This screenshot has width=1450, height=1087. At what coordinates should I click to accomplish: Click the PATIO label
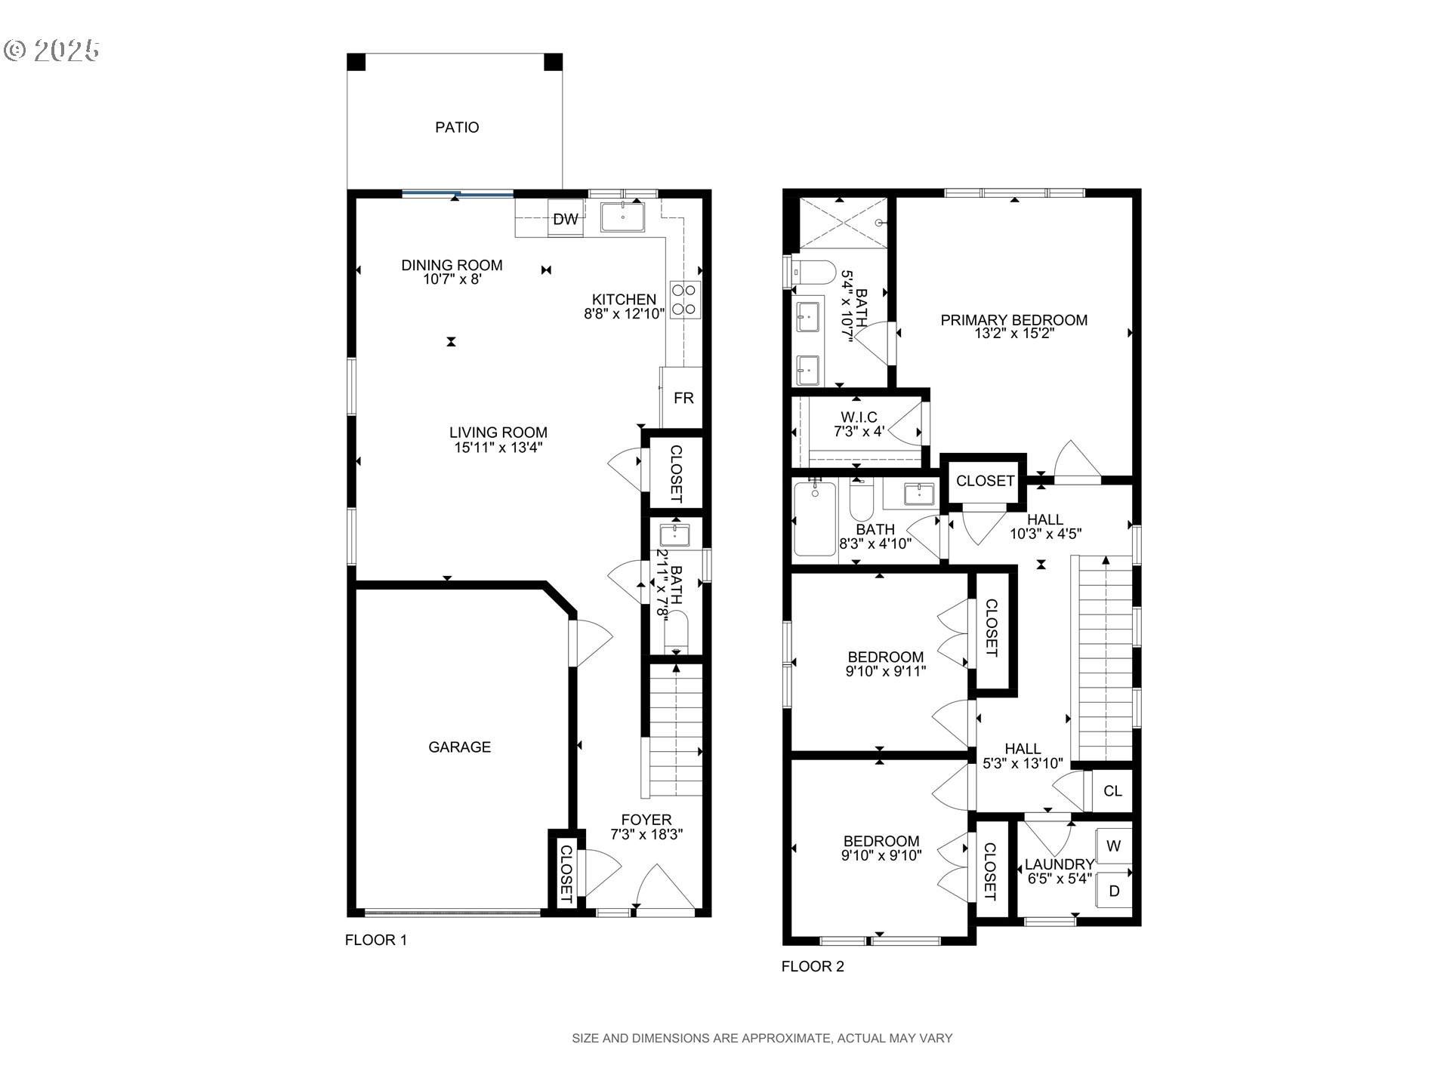coord(457,128)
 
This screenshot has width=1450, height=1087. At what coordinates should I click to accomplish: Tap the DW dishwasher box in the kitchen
coord(565,220)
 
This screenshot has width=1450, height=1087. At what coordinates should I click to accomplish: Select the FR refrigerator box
coord(683,398)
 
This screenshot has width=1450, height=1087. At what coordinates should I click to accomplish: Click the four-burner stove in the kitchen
coord(684,299)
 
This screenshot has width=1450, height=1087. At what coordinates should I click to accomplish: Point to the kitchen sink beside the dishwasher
coord(622,217)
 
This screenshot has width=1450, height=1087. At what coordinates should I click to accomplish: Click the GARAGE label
coord(459,747)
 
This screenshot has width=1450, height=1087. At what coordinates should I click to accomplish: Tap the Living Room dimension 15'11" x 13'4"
coord(498,447)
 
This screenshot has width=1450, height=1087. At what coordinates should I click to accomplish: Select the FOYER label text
coord(646,820)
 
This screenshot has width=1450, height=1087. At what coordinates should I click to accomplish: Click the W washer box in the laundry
coord(1113,846)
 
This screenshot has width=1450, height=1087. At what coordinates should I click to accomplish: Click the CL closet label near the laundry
coord(1112,791)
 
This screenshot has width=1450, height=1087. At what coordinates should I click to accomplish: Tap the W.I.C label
coord(859,417)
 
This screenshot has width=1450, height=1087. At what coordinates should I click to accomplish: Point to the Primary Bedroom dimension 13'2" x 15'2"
coord(1013,333)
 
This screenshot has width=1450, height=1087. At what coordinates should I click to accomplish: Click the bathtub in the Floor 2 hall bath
coord(815,521)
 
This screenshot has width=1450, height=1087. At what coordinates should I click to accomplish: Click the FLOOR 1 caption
coord(375,940)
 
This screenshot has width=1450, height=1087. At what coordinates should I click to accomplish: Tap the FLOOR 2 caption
coord(812,966)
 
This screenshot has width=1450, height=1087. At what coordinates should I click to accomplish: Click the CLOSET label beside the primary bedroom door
coord(985,481)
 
